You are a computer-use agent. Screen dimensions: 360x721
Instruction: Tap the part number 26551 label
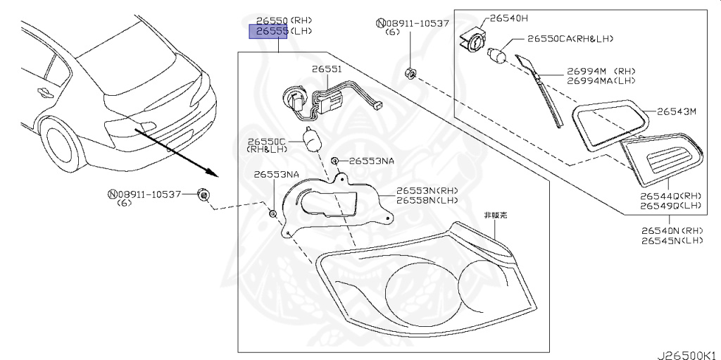click(327, 69)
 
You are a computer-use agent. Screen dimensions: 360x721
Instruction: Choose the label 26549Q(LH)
click(671, 206)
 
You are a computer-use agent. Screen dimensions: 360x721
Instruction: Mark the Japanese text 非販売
click(494, 215)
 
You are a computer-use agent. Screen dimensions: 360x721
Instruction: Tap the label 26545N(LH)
click(672, 240)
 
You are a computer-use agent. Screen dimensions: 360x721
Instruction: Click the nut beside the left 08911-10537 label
click(203, 195)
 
